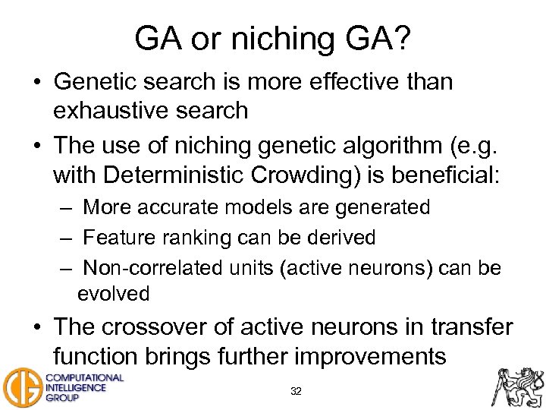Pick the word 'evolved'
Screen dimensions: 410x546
pos(113,294)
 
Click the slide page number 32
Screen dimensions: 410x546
pos(297,392)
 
